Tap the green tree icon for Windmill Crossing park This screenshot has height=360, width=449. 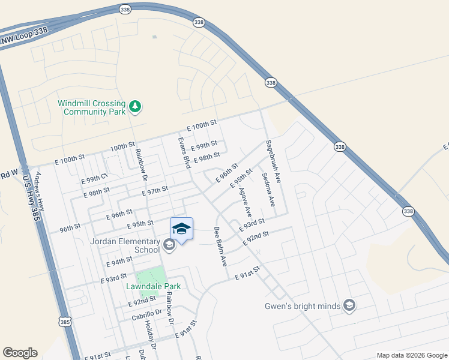click(136, 107)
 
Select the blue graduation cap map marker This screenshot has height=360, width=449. click(182, 229)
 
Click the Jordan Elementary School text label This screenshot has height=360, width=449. click(124, 245)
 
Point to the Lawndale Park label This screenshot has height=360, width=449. click(153, 286)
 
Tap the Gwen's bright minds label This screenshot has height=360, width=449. click(303, 306)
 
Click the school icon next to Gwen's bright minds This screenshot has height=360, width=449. click(349, 306)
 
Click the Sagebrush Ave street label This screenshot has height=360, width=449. click(274, 161)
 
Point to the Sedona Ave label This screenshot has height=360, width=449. click(268, 190)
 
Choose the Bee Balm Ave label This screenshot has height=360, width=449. click(220, 247)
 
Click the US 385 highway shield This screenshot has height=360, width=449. click(65, 322)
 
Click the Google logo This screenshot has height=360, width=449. click(20, 353)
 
